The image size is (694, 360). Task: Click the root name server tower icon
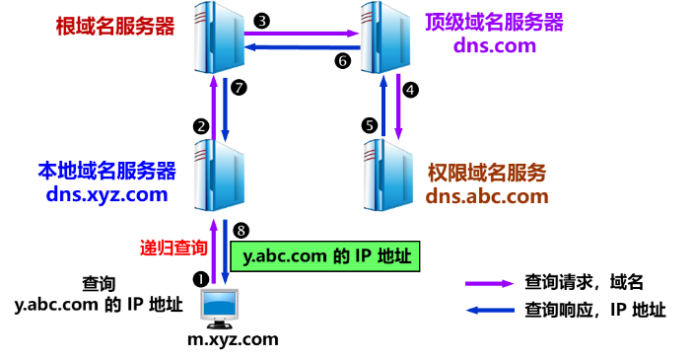click(218, 36)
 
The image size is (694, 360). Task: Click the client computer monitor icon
click(219, 307)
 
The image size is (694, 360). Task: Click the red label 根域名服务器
click(116, 26)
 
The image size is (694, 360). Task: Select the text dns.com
click(494, 46)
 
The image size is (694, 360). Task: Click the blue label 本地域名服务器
click(106, 171)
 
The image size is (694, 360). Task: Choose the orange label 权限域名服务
click(487, 173)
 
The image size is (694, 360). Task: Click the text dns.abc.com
click(487, 195)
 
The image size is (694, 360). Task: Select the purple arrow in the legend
click(490, 283)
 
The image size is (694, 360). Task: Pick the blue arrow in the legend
click(490, 310)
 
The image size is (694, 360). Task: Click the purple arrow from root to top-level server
click(301, 33)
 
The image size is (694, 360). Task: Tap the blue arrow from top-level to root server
click(301, 46)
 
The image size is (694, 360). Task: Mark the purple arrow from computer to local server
click(213, 260)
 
